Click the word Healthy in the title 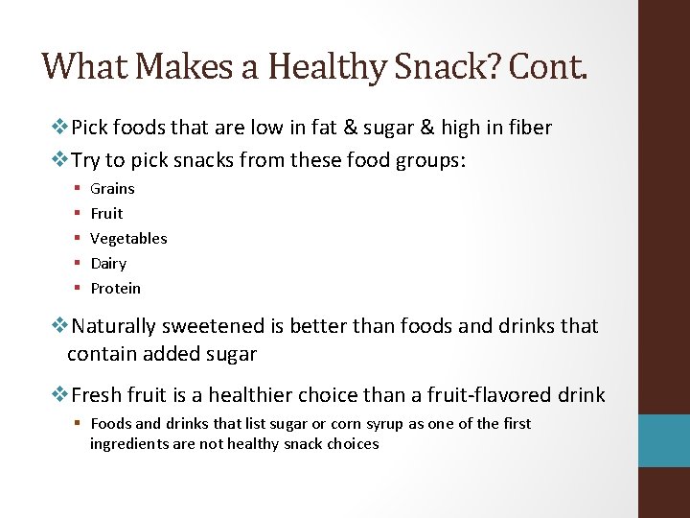pyautogui.click(x=327, y=66)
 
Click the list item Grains pyautogui.click(x=112, y=189)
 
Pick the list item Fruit pyautogui.click(x=106, y=214)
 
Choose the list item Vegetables pyautogui.click(x=128, y=239)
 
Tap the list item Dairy pyautogui.click(x=108, y=264)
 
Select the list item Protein pyautogui.click(x=115, y=289)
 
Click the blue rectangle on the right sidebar pyautogui.click(x=664, y=440)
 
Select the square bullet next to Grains pyautogui.click(x=76, y=189)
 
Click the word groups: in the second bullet pyautogui.click(x=428, y=159)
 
